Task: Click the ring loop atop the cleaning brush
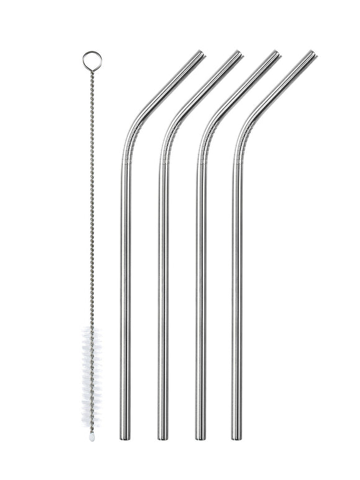pyautogui.click(x=92, y=60)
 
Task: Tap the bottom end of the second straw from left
pyautogui.click(x=163, y=437)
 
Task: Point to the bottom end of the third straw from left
pyautogui.click(x=200, y=437)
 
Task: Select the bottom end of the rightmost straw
pyautogui.click(x=236, y=437)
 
